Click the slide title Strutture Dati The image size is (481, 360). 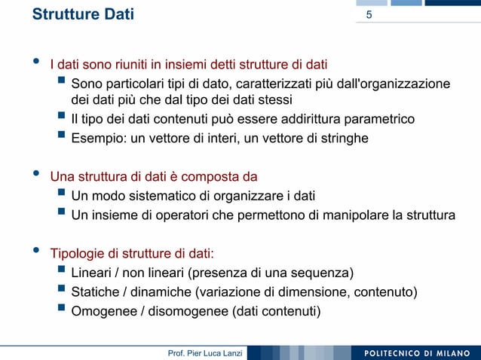[83, 14]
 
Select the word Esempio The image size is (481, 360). [95, 138]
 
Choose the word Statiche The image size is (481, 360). [95, 291]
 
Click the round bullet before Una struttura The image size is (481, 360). [34, 177]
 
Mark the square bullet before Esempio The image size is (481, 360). [60, 137]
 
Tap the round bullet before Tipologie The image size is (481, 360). [34, 252]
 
